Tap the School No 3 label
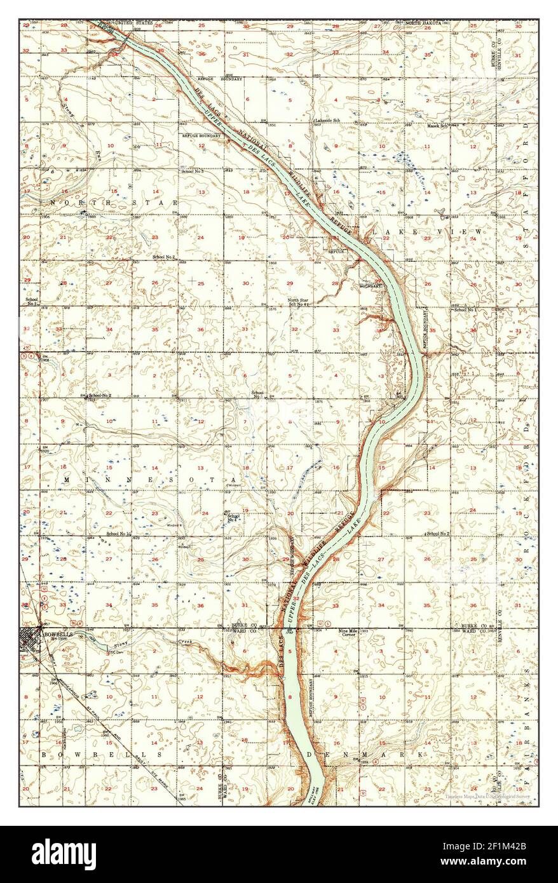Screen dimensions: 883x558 [192, 172]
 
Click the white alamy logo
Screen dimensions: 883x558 [65, 853]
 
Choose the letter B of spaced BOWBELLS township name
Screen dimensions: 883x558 [44, 755]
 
